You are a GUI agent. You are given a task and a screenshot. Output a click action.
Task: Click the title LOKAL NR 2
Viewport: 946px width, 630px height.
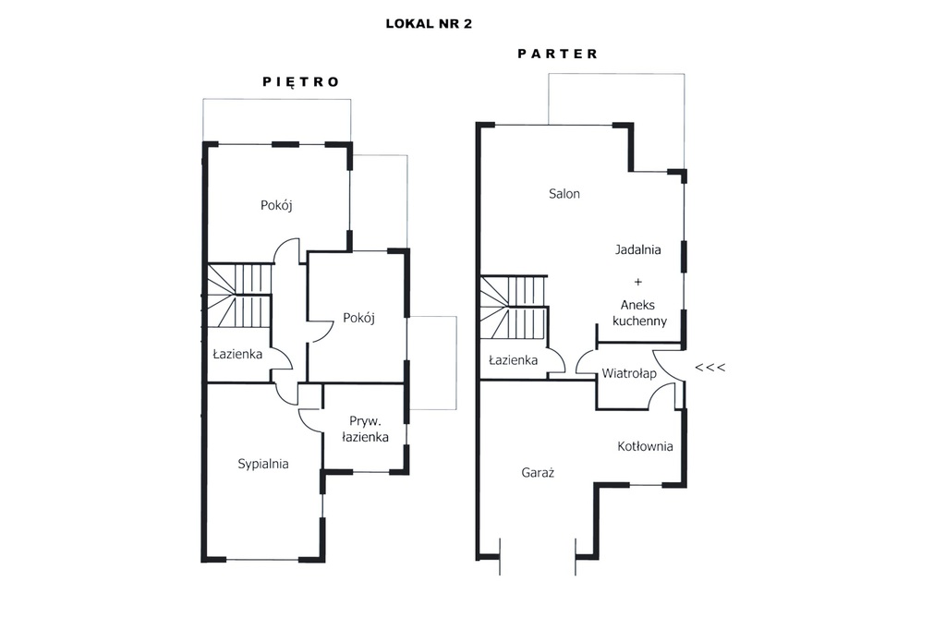point(429,24)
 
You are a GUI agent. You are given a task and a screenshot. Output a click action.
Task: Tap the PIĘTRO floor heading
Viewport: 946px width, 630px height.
point(301,82)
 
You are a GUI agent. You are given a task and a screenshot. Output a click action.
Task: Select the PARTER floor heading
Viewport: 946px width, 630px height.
point(557,54)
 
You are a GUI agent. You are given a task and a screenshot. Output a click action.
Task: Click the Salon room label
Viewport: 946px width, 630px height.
point(564,194)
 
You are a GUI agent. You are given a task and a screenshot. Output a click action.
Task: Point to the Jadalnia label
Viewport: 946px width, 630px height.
point(637,249)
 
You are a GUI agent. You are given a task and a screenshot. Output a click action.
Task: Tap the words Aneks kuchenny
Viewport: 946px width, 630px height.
point(639,313)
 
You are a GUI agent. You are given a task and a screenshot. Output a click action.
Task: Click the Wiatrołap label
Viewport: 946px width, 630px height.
point(628,373)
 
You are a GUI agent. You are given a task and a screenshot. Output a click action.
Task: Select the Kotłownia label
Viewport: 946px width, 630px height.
point(645,446)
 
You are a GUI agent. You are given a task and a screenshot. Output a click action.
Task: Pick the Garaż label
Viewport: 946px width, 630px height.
point(538,473)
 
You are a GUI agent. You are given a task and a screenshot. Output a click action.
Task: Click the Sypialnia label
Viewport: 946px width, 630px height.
point(263,464)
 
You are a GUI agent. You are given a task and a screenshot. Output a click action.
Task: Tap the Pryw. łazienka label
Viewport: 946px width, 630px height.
point(365,429)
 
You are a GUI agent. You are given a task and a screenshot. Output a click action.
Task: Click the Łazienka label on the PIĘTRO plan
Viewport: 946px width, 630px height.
point(237,354)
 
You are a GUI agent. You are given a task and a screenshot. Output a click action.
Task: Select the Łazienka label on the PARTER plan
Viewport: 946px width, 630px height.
point(513,360)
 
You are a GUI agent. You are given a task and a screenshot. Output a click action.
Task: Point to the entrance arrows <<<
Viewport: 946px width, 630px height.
point(710,367)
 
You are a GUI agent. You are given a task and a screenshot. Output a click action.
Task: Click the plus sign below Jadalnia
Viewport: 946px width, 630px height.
point(637,282)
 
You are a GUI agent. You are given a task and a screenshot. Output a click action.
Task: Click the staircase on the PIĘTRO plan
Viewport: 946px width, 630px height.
point(239,295)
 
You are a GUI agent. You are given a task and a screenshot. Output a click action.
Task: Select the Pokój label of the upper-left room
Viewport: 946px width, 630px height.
point(276,205)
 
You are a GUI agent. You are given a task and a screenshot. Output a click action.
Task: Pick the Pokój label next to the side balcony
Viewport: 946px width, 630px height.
point(359,318)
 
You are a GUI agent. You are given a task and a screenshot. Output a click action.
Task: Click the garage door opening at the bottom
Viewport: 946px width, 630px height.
point(538,556)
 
